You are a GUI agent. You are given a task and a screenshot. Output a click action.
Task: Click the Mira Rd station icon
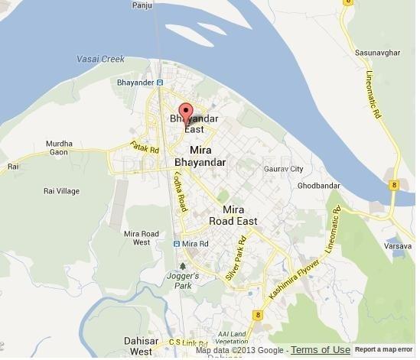pyautogui.click(x=177, y=244)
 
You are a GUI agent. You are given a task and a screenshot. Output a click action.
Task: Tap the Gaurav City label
pyautogui.click(x=284, y=169)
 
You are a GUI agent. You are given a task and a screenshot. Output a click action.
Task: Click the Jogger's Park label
pyautogui.click(x=184, y=279)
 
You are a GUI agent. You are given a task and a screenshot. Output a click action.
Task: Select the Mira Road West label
pyautogui.click(x=142, y=238)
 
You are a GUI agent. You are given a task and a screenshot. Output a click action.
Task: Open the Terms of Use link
pyautogui.click(x=320, y=350)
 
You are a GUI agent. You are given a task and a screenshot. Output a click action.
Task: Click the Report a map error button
pyautogui.click(x=384, y=350)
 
